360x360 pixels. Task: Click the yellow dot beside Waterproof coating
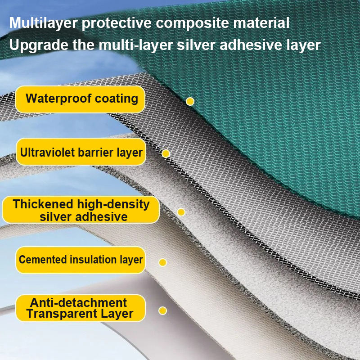pos(190,101)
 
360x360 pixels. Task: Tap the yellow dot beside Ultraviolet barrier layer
pos(166,153)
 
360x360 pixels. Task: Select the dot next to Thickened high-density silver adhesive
pos(181,212)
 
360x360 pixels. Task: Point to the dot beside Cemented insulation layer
pos(162,262)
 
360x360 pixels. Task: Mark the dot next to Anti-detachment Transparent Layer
pos(162,310)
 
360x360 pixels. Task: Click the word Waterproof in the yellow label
pos(58,99)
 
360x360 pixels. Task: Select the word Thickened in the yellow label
pos(43,204)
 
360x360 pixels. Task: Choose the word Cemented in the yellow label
pos(43,260)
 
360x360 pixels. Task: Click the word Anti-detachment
pos(78,302)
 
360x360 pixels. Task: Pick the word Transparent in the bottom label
pos(62,314)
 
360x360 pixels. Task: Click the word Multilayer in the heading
pos(43,23)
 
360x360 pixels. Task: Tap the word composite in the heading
pos(193,23)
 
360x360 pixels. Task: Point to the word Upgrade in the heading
pos(39,45)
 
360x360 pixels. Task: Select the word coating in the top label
pos(117,99)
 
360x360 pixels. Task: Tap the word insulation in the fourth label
pos(94,260)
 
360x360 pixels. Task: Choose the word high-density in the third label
pos(113,205)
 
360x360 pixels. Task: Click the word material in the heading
pos(261,23)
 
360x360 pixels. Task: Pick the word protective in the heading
pos(117,23)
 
